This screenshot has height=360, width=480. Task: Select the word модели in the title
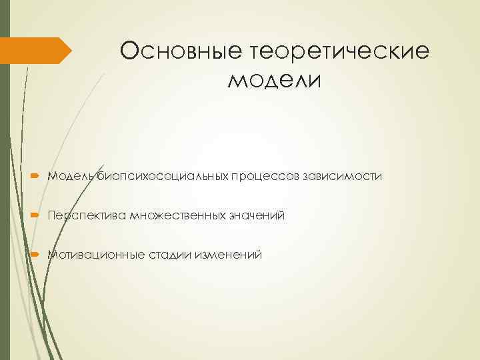275,81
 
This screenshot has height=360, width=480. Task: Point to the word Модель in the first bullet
71,177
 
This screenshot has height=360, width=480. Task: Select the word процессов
265,177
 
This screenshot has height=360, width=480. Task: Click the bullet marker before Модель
36,177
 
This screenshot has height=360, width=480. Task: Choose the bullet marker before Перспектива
36,215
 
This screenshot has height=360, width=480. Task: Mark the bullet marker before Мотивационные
36,255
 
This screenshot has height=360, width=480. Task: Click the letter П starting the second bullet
51,215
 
